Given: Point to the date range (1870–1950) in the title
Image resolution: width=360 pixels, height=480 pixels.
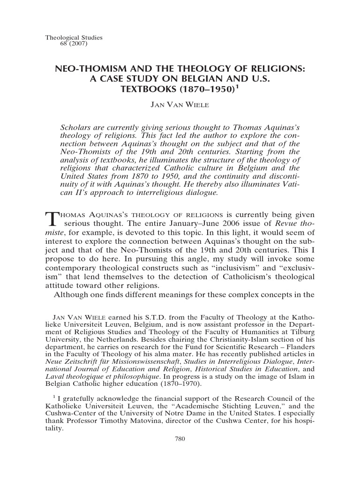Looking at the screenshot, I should (x=207, y=89).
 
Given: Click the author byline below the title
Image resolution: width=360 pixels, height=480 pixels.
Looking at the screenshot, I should (x=180, y=105).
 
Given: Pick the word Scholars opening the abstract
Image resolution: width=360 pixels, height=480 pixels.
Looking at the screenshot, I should (x=77, y=127).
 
